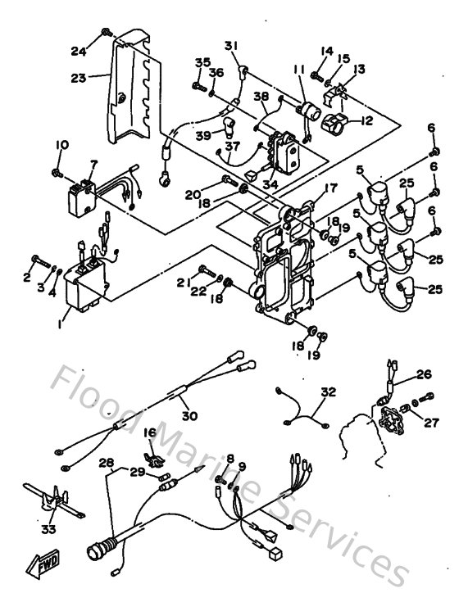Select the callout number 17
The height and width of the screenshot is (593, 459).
coord(331,188)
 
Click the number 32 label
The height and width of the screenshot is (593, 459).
coord(328,392)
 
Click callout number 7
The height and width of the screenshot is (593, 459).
coord(93,164)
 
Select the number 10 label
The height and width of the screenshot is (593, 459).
coord(61,145)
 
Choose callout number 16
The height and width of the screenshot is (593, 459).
coord(149,432)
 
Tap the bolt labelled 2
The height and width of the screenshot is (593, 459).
coord(36,260)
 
